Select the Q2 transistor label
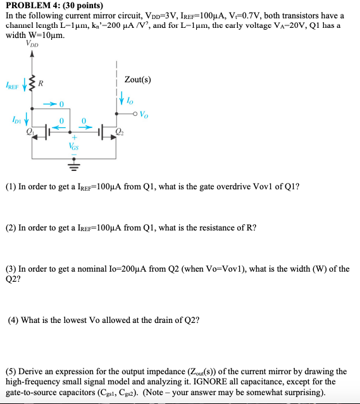coord(120,132)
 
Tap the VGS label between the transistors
coord(73,146)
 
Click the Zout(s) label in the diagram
coord(138,80)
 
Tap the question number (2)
coord(11,227)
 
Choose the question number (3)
coord(11,268)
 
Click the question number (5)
coord(11,371)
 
